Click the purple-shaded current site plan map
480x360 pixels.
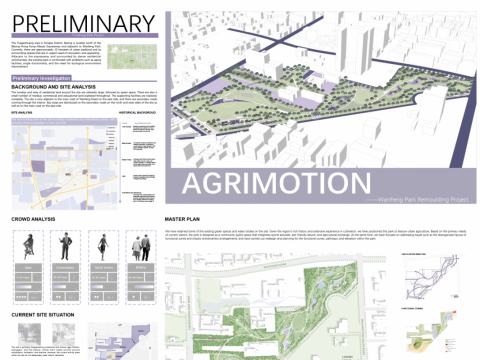[125, 340]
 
